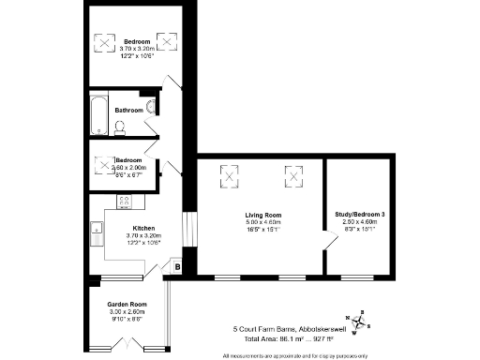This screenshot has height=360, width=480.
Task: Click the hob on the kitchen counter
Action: point(123,201)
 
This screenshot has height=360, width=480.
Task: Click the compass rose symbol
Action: point(364,322)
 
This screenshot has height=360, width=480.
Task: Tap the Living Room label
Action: point(258,215)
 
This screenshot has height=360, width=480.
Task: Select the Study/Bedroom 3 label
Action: point(359,215)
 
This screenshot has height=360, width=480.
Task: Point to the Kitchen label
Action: point(142,228)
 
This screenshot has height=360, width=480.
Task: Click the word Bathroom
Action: point(128,110)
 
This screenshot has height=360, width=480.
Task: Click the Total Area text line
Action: point(283,340)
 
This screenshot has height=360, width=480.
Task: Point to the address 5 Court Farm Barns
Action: point(277,329)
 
